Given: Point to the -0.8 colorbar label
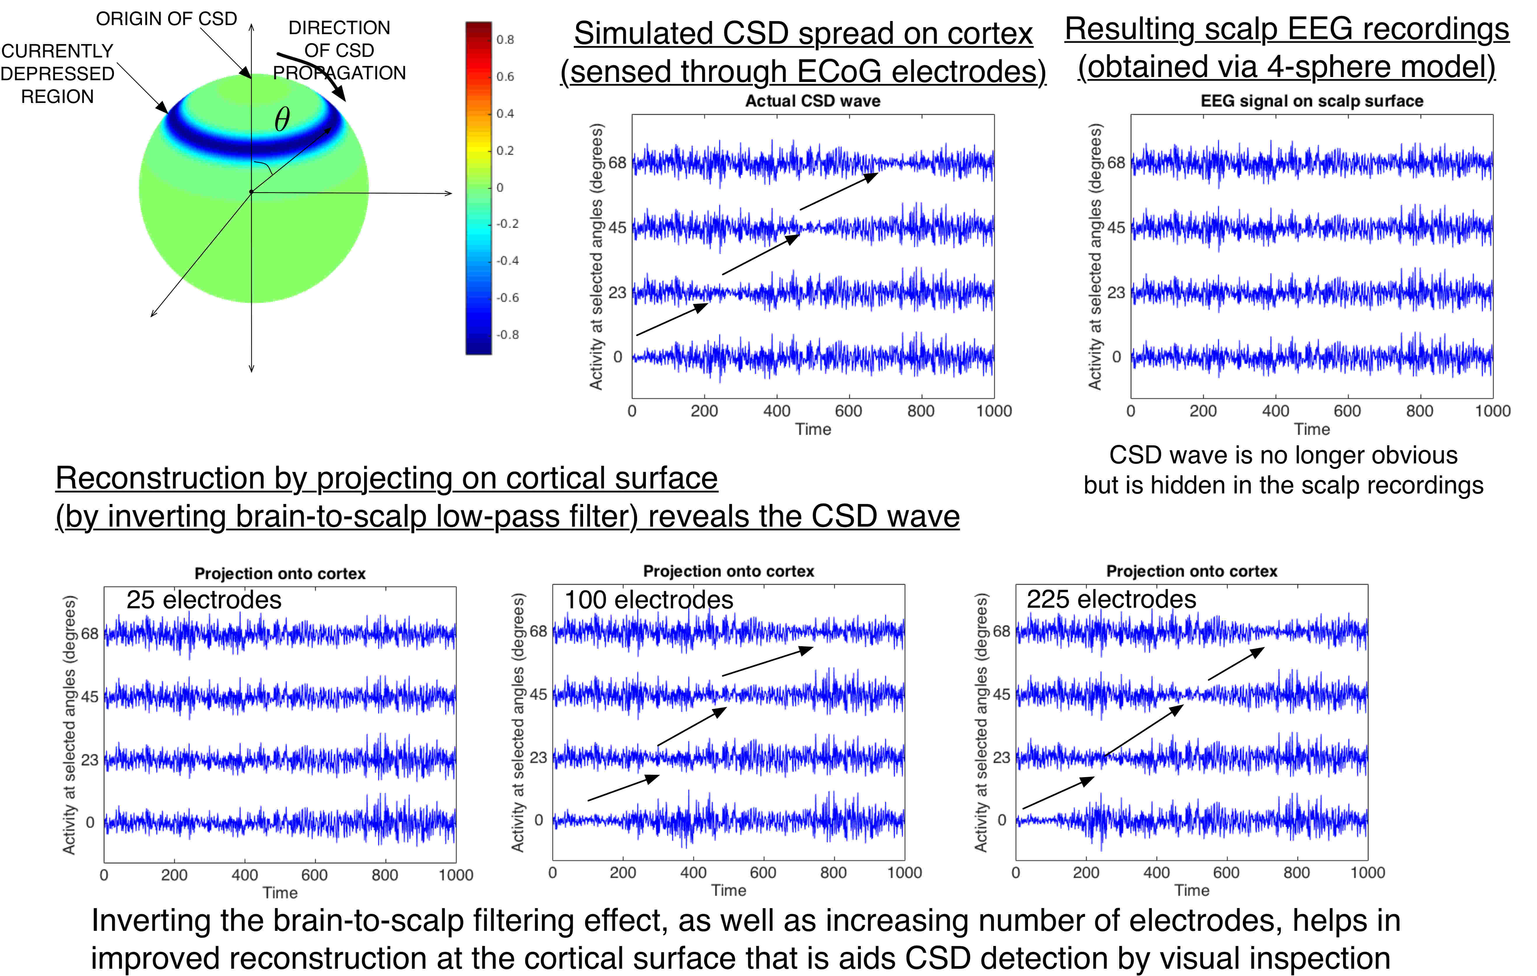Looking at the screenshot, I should pos(508,334).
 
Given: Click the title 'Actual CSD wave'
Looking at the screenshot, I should pos(813,101).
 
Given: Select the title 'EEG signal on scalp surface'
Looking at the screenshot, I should pos(1312,101).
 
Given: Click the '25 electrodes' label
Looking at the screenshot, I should pos(203,600).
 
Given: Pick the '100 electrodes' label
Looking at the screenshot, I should pos(648,600).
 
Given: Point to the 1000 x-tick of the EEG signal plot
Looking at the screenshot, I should pos(1492,411).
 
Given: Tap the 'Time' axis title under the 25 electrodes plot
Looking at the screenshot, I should pos(280,892).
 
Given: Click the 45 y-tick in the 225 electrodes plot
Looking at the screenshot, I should pos(1001,694).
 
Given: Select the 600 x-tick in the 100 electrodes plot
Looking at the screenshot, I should pos(763,872).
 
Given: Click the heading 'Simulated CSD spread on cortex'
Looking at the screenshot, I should pos(803,34).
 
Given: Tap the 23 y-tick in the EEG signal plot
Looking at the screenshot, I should pos(1116,293).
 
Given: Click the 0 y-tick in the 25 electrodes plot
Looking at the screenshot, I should pos(90,822).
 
